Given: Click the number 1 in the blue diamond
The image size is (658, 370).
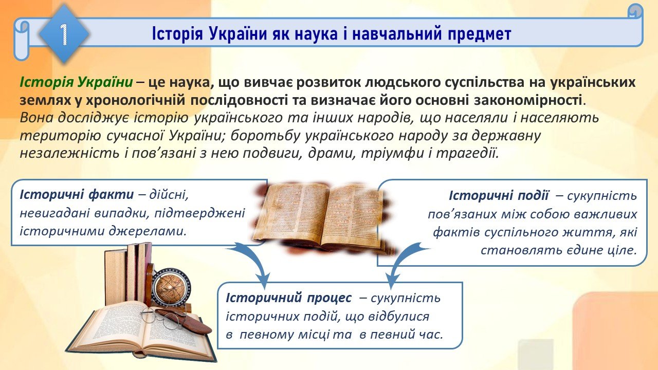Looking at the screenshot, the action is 64,34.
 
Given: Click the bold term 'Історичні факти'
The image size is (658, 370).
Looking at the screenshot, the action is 77,195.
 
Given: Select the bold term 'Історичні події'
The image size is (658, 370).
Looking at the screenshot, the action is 499,196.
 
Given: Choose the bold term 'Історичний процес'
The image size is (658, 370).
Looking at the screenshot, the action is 288,298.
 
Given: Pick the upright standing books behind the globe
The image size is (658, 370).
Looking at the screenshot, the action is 128,273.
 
